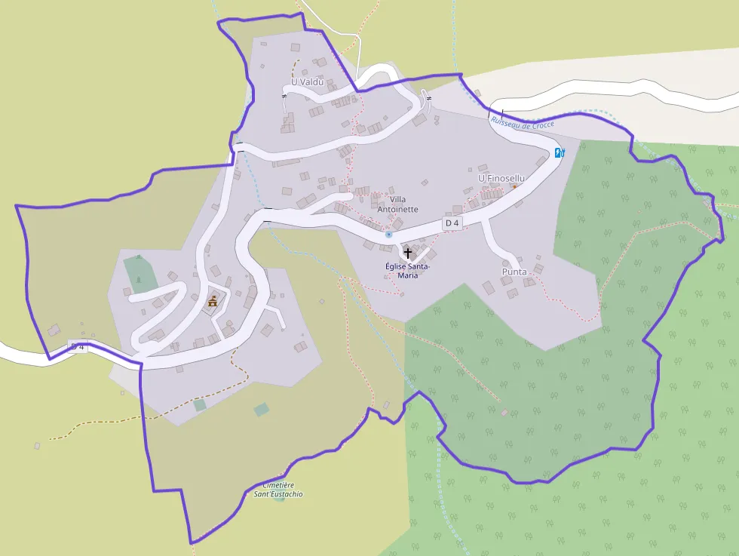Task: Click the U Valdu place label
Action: pyautogui.click(x=307, y=81)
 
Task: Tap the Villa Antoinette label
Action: pyautogui.click(x=397, y=204)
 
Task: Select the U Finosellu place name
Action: pyautogui.click(x=501, y=178)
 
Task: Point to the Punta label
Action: pyautogui.click(x=514, y=272)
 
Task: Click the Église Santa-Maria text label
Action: pyautogui.click(x=407, y=270)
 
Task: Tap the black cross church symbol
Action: pyautogui.click(x=408, y=252)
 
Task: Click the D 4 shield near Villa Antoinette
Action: pyautogui.click(x=452, y=223)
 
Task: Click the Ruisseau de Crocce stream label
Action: pyautogui.click(x=522, y=122)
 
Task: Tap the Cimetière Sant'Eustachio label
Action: pyautogui.click(x=278, y=490)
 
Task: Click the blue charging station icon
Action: pyautogui.click(x=560, y=152)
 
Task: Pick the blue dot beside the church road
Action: pyautogui.click(x=388, y=235)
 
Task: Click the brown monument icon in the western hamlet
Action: pyautogui.click(x=213, y=302)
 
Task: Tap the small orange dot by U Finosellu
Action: pyautogui.click(x=514, y=186)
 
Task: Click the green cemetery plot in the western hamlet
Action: pyautogui.click(x=136, y=273)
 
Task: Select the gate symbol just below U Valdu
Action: pyautogui.click(x=284, y=97)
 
